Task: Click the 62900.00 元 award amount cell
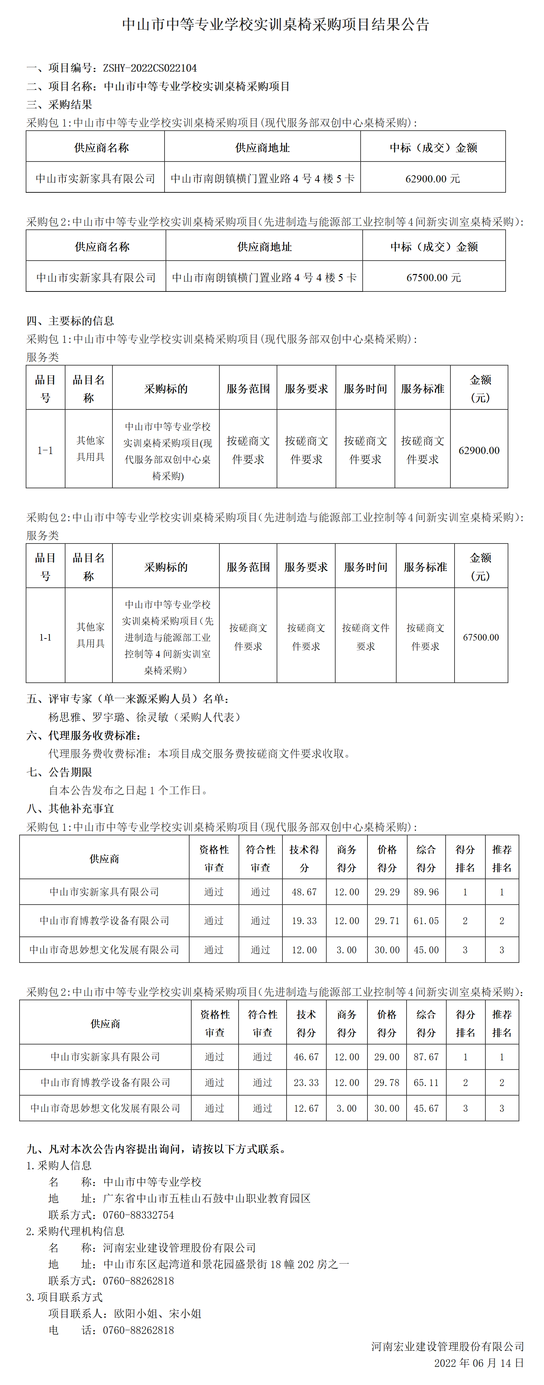(x=432, y=179)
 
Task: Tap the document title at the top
(x=275, y=24)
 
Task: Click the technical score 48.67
(x=304, y=892)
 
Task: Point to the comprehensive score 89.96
(x=426, y=892)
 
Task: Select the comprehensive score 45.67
(x=426, y=1108)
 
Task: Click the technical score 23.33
(x=306, y=1082)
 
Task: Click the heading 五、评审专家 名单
(x=128, y=699)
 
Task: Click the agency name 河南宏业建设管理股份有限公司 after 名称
(x=179, y=1247)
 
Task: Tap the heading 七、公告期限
(x=59, y=772)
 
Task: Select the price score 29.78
(x=387, y=1082)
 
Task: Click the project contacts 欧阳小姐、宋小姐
(x=157, y=1313)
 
